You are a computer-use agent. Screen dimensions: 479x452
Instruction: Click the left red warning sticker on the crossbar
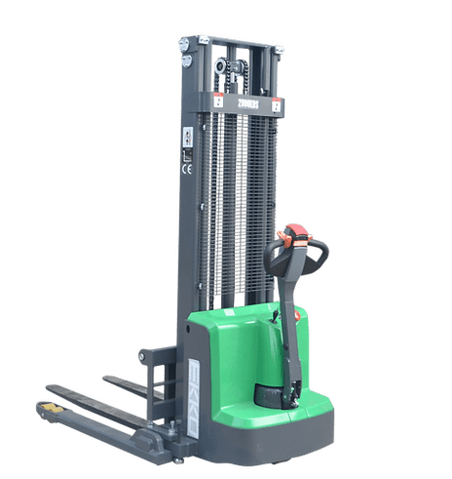pos(219,100)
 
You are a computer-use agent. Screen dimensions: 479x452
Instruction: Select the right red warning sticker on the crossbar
pos(277,105)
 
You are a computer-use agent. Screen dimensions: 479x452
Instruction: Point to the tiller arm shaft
pos(289,322)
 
